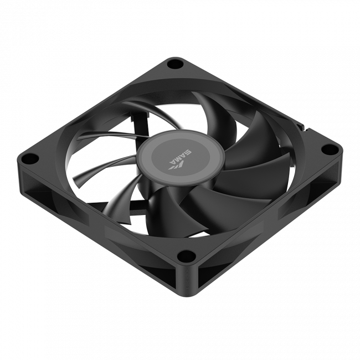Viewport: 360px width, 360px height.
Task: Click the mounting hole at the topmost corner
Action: tap(176, 65)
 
